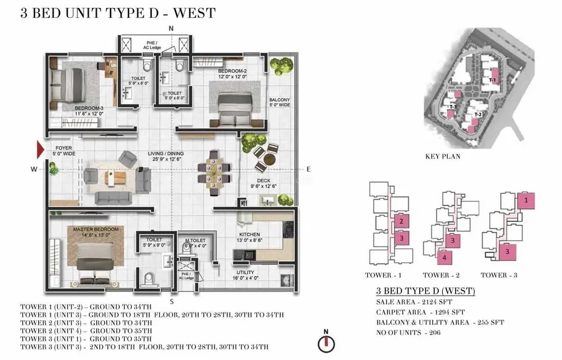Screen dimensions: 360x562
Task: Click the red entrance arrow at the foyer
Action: (x=41, y=148)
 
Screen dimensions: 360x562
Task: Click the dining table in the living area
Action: (x=213, y=168)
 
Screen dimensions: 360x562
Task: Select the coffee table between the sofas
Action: (x=117, y=177)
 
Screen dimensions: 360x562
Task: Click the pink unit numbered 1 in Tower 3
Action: (x=526, y=200)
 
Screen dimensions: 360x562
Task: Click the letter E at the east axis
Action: (x=308, y=169)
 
